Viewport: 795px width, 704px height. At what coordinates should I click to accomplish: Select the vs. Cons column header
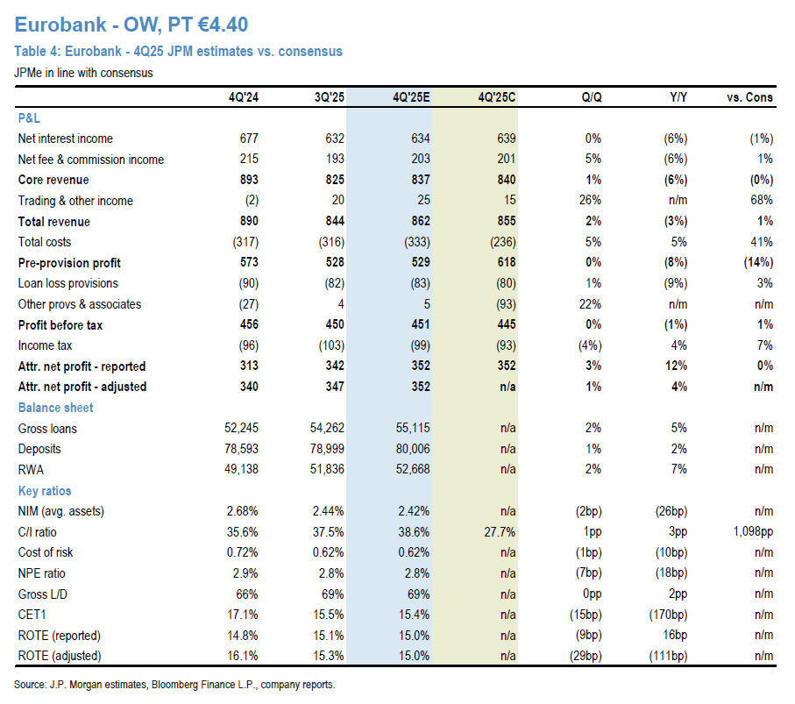(750, 97)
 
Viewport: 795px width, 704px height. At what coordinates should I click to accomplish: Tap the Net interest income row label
(65, 139)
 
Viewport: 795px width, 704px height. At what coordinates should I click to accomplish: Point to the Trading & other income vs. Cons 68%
(761, 201)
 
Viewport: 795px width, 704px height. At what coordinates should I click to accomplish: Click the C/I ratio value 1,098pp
(749, 532)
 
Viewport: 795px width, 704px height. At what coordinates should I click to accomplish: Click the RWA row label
(32, 470)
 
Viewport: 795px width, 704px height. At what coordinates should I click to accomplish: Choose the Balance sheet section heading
(55, 408)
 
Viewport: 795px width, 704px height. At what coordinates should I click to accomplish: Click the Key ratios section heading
(45, 491)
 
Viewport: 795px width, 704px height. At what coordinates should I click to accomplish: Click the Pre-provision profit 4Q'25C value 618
(506, 263)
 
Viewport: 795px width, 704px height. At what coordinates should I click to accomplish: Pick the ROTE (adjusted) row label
(60, 656)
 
